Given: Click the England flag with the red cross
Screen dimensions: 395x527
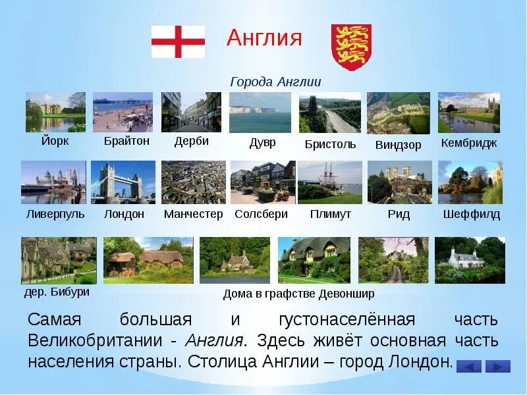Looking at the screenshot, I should click(178, 41).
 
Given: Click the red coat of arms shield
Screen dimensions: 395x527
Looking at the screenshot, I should click(351, 47).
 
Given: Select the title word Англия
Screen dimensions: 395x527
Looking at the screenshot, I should click(264, 38).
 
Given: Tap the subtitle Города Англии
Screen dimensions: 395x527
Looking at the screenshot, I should click(275, 82).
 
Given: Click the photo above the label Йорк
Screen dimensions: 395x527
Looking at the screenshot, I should click(55, 112).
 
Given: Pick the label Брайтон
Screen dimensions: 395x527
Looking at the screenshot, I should click(126, 141).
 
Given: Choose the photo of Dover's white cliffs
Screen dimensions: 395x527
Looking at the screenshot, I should click(260, 113).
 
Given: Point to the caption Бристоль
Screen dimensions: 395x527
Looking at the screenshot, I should click(330, 144).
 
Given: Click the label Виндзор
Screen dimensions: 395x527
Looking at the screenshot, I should click(398, 145).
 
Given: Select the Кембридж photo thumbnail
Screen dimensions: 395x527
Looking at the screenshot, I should click(468, 113).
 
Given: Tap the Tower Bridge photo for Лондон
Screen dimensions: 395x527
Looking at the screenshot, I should click(123, 182).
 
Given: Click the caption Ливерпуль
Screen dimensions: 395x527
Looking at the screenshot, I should click(55, 214).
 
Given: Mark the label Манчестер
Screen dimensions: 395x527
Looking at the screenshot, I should click(193, 214).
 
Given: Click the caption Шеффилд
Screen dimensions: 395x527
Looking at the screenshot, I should click(471, 214).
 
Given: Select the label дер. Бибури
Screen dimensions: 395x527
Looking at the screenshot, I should click(56, 291).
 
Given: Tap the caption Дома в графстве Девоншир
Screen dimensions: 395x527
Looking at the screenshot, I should click(298, 294).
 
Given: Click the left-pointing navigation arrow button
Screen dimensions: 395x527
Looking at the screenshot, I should click(468, 366).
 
